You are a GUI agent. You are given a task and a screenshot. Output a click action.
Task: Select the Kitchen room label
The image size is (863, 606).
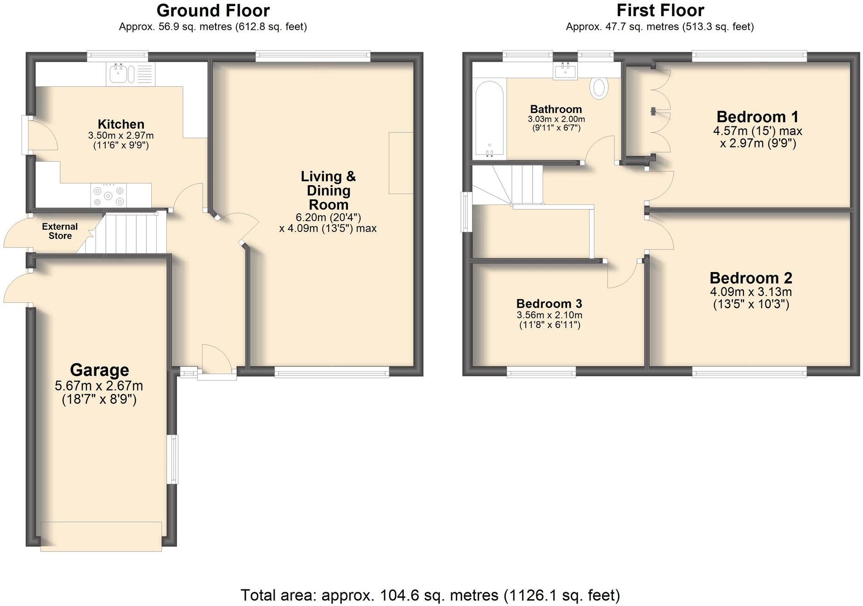point(121,125)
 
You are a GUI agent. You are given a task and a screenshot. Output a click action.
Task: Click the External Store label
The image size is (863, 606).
point(60,231)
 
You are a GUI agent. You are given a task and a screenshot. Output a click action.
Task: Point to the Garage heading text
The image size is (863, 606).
point(99,370)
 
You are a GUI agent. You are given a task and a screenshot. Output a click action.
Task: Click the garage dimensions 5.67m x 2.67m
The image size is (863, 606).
point(99,386)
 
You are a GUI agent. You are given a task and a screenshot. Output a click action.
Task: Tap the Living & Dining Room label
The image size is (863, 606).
point(328,190)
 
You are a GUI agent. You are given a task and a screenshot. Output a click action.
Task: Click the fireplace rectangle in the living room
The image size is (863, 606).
point(400,163)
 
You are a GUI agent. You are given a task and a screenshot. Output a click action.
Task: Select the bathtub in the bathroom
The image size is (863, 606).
point(489,119)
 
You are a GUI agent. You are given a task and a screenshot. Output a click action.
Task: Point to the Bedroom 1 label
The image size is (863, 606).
point(757,117)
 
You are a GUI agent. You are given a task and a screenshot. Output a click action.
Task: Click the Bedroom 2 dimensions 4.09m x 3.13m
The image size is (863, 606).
point(750,292)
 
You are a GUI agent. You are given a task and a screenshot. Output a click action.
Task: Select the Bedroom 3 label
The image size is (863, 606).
point(549,304)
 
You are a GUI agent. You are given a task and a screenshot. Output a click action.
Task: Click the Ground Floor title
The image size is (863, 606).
point(213,10)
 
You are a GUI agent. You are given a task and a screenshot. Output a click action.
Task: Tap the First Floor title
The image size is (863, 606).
point(660,10)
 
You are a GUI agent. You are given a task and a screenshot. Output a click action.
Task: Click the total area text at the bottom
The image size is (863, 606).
point(430,595)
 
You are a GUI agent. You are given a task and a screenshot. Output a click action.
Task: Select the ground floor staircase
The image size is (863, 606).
point(133,232)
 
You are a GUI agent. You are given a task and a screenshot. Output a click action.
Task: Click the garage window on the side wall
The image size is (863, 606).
point(173,459)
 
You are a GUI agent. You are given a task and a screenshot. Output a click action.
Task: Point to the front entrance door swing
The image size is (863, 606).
point(216,361)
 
